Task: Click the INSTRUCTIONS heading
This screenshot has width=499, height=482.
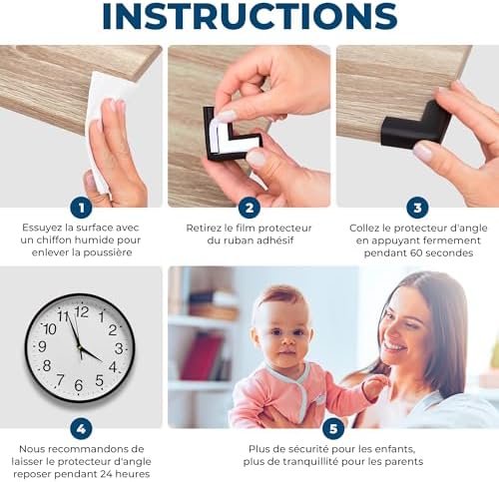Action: click(249, 15)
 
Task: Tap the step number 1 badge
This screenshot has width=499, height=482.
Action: click(81, 209)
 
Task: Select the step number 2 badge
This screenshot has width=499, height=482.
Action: click(249, 209)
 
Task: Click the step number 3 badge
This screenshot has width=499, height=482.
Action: click(417, 209)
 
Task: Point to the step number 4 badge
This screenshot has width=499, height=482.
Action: click(81, 429)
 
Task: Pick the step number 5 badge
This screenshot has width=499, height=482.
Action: click(333, 429)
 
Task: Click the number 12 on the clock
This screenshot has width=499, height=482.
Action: click(82, 312)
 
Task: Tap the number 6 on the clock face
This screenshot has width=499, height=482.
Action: click(79, 385)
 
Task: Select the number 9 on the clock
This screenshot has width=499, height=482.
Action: click(42, 346)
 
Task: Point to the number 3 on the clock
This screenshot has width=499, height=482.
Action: click(119, 348)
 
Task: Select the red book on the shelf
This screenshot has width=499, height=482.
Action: click(202, 356)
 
